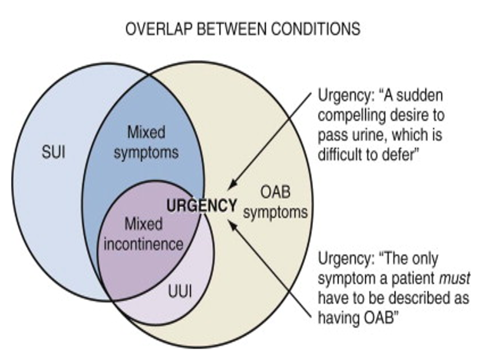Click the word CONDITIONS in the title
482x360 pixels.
click(315, 29)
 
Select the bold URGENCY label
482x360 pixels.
click(202, 206)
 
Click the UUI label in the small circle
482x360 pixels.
click(180, 292)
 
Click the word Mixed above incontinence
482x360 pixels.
click(143, 224)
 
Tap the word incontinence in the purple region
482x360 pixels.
click(143, 244)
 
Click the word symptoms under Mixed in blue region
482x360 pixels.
click(146, 153)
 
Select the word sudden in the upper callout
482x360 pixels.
click(420, 95)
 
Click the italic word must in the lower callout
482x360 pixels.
click(454, 278)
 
